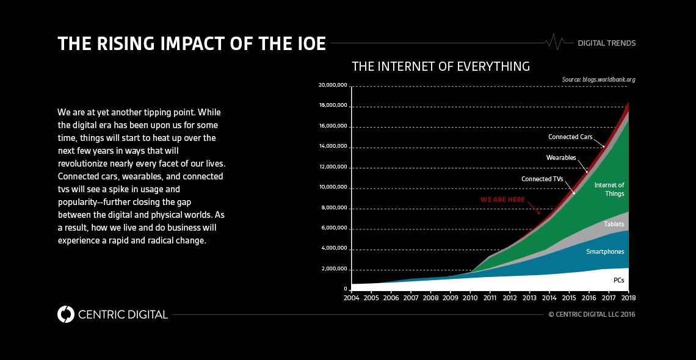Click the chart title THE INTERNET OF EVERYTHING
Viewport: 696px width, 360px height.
[x=441, y=66]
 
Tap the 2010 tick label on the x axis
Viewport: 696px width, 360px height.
[x=470, y=298]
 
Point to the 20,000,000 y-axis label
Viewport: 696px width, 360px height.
[x=333, y=85]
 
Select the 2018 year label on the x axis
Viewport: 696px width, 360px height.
[x=628, y=298]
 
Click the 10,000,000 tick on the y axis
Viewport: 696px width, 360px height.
[x=333, y=187]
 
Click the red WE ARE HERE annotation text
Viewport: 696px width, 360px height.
[x=502, y=200]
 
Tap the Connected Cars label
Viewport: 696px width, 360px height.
[x=570, y=137]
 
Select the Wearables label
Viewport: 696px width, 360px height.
[x=560, y=157]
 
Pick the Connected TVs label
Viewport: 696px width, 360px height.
[x=542, y=179]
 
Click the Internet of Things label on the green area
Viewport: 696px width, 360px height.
[x=609, y=189]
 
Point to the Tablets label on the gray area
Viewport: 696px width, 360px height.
[x=614, y=225]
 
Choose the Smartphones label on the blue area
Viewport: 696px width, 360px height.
[x=605, y=251]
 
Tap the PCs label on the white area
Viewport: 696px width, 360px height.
[x=618, y=280]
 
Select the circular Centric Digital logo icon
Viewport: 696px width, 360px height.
[x=65, y=314]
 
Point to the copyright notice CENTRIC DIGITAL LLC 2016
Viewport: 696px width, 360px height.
[x=592, y=314]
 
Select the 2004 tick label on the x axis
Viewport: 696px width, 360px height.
[x=351, y=298]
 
